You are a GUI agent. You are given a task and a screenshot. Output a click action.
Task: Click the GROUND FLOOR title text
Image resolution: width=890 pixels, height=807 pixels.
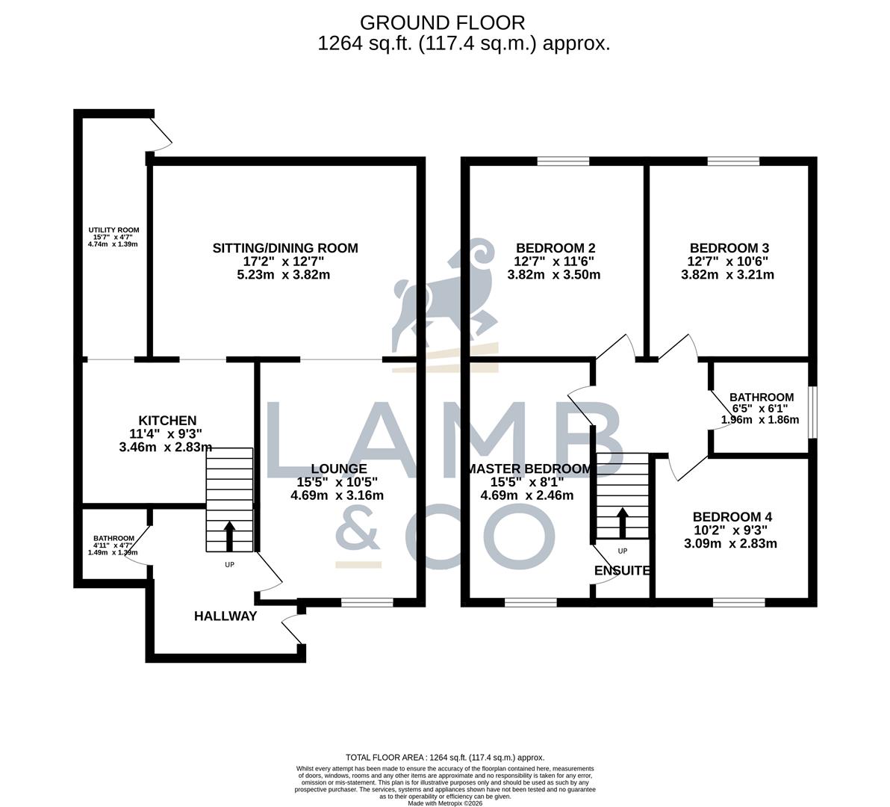click(443, 22)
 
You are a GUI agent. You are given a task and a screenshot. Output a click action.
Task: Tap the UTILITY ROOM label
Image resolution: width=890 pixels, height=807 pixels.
click(113, 230)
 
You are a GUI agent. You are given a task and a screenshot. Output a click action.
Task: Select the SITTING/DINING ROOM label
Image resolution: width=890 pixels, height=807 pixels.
click(285, 248)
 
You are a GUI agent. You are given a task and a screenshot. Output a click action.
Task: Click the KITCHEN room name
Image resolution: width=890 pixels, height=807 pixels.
click(167, 421)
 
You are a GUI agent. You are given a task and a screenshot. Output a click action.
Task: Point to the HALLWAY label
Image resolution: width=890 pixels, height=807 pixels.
click(225, 616)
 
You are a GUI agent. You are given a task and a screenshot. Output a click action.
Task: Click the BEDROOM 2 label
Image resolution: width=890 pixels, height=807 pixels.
click(556, 248)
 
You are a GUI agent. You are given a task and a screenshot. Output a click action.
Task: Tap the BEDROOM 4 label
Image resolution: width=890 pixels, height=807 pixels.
click(732, 517)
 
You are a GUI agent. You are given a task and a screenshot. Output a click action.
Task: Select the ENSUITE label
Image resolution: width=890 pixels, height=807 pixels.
click(622, 571)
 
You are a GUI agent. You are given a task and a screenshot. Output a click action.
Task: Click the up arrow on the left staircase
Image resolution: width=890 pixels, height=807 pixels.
click(229, 535)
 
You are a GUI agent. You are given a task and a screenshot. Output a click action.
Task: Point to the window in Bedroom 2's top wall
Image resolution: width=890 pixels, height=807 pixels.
click(563, 161)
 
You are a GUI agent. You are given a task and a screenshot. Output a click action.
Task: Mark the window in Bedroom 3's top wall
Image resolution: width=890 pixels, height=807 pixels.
click(733, 161)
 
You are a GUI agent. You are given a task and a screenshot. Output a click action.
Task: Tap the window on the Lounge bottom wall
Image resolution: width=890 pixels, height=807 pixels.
click(367, 601)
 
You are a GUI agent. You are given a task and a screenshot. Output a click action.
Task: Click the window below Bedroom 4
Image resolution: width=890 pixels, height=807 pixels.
click(738, 601)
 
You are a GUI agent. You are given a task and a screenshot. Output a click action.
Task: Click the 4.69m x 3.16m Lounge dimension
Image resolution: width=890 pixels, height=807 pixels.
click(337, 495)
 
